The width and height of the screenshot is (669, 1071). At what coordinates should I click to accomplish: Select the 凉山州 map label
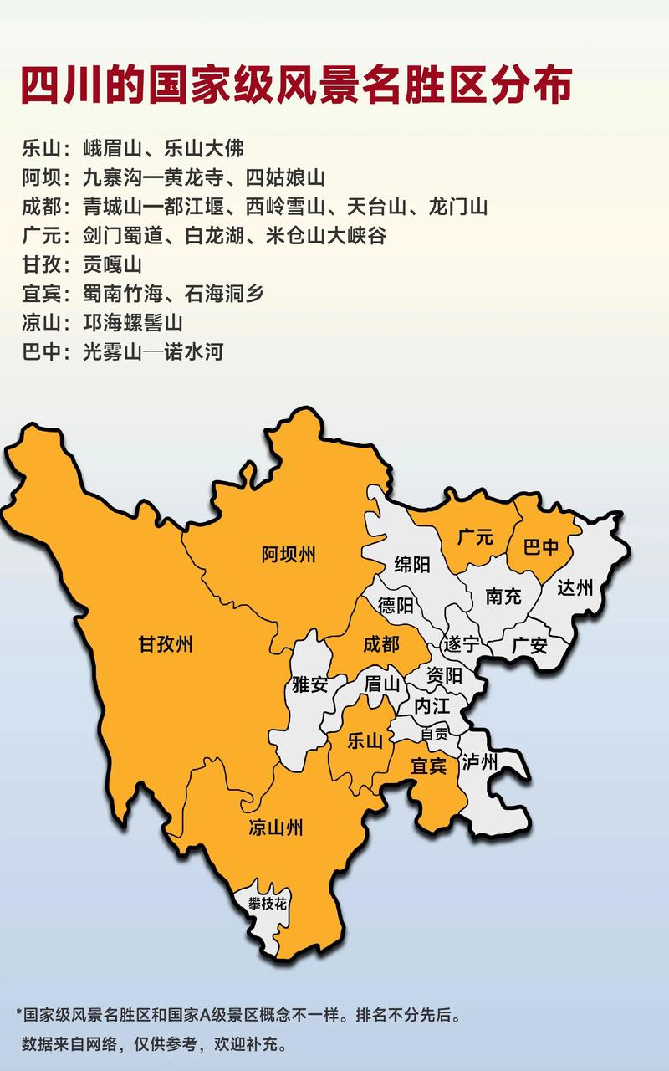[276, 828]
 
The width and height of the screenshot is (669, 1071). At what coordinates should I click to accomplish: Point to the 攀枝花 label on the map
[267, 903]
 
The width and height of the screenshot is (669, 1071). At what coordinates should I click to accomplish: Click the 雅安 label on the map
[309, 684]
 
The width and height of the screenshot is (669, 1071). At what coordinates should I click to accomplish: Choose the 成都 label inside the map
[381, 644]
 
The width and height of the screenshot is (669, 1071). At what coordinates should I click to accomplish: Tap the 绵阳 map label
[412, 565]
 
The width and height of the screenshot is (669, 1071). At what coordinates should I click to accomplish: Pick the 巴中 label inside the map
[540, 548]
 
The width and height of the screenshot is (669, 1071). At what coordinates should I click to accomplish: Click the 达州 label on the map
[575, 587]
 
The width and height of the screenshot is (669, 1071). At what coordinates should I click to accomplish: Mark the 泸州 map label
[480, 761]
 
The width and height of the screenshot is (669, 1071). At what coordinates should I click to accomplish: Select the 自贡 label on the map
[434, 732]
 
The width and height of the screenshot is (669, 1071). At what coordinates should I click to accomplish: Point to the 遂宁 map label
[461, 644]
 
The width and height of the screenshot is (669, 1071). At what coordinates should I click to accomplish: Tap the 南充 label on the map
[503, 597]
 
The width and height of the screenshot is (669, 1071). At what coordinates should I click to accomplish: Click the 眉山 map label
[383, 684]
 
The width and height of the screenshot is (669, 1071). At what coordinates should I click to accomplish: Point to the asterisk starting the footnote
[18, 1013]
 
